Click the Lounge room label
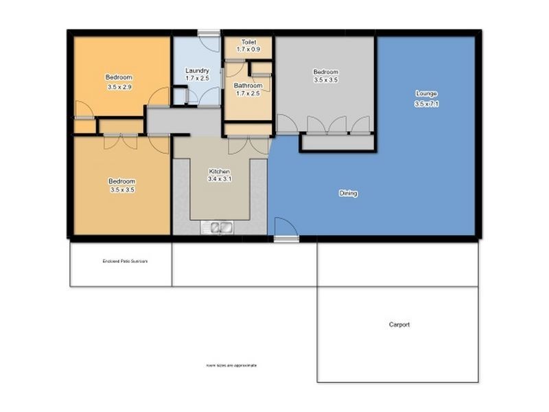point(425,93)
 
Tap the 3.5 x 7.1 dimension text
point(425,104)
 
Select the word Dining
point(348,194)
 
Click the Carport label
point(399,325)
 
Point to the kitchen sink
point(219,227)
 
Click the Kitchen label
point(219,171)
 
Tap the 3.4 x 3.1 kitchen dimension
point(219,179)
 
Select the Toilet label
point(248,42)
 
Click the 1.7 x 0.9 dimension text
point(248,50)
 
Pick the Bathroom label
point(248,85)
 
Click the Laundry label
point(197,71)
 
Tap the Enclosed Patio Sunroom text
point(125,262)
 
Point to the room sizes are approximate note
point(231,365)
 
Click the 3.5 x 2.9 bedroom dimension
point(119,87)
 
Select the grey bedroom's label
point(325,72)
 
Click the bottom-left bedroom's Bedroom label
point(121,181)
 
